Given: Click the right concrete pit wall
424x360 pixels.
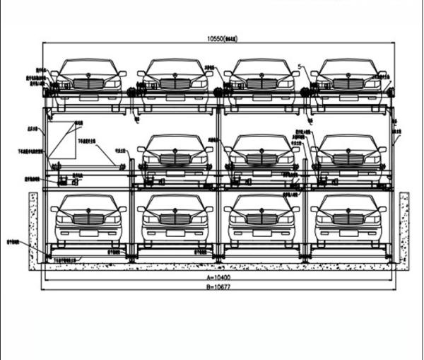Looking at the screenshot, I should click(x=405, y=226).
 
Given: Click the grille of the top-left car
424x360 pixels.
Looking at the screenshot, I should click(x=88, y=83).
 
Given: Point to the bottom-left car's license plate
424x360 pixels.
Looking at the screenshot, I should click(x=88, y=231).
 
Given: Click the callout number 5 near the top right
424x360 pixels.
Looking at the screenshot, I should click(x=300, y=66).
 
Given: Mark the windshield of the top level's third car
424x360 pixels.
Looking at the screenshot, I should click(x=262, y=66).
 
